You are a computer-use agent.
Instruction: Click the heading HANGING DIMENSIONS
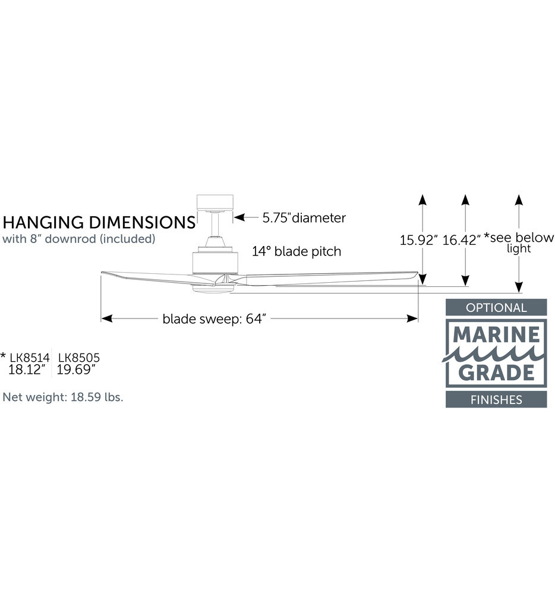[99, 223]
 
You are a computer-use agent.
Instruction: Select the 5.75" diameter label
[304, 217]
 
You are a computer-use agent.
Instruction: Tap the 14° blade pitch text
[297, 251]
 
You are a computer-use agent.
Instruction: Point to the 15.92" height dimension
[418, 241]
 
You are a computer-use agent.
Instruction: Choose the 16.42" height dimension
[461, 241]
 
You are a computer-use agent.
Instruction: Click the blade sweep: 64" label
[215, 319]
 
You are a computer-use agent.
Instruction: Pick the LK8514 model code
[30, 358]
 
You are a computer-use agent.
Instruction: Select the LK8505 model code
[79, 358]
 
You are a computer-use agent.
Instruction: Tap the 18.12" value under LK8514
[27, 370]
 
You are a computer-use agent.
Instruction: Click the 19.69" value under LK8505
[76, 370]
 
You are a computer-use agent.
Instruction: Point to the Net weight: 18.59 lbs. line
[63, 397]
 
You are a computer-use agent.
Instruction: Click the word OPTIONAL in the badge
[496, 308]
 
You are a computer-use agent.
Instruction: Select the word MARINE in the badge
[496, 335]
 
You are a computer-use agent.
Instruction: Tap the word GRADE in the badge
[496, 372]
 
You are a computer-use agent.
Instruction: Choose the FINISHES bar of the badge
[496, 400]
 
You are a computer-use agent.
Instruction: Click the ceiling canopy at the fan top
[215, 203]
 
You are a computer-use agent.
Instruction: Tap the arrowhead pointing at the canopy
[240, 217]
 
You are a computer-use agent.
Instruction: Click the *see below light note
[519, 242]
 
